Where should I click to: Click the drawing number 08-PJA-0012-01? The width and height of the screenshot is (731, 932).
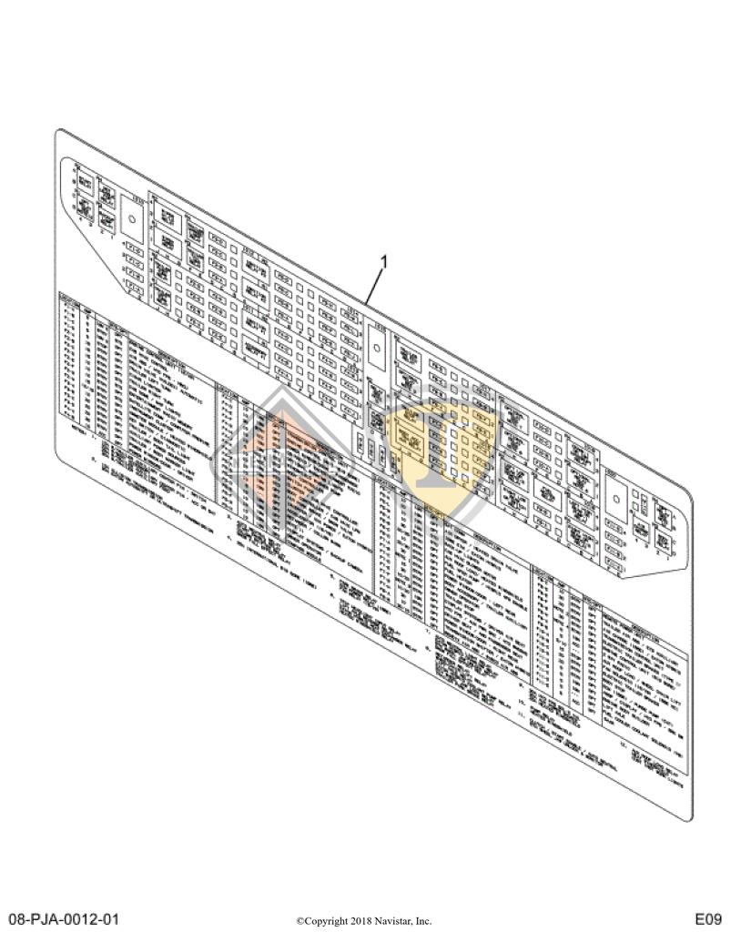64,917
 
